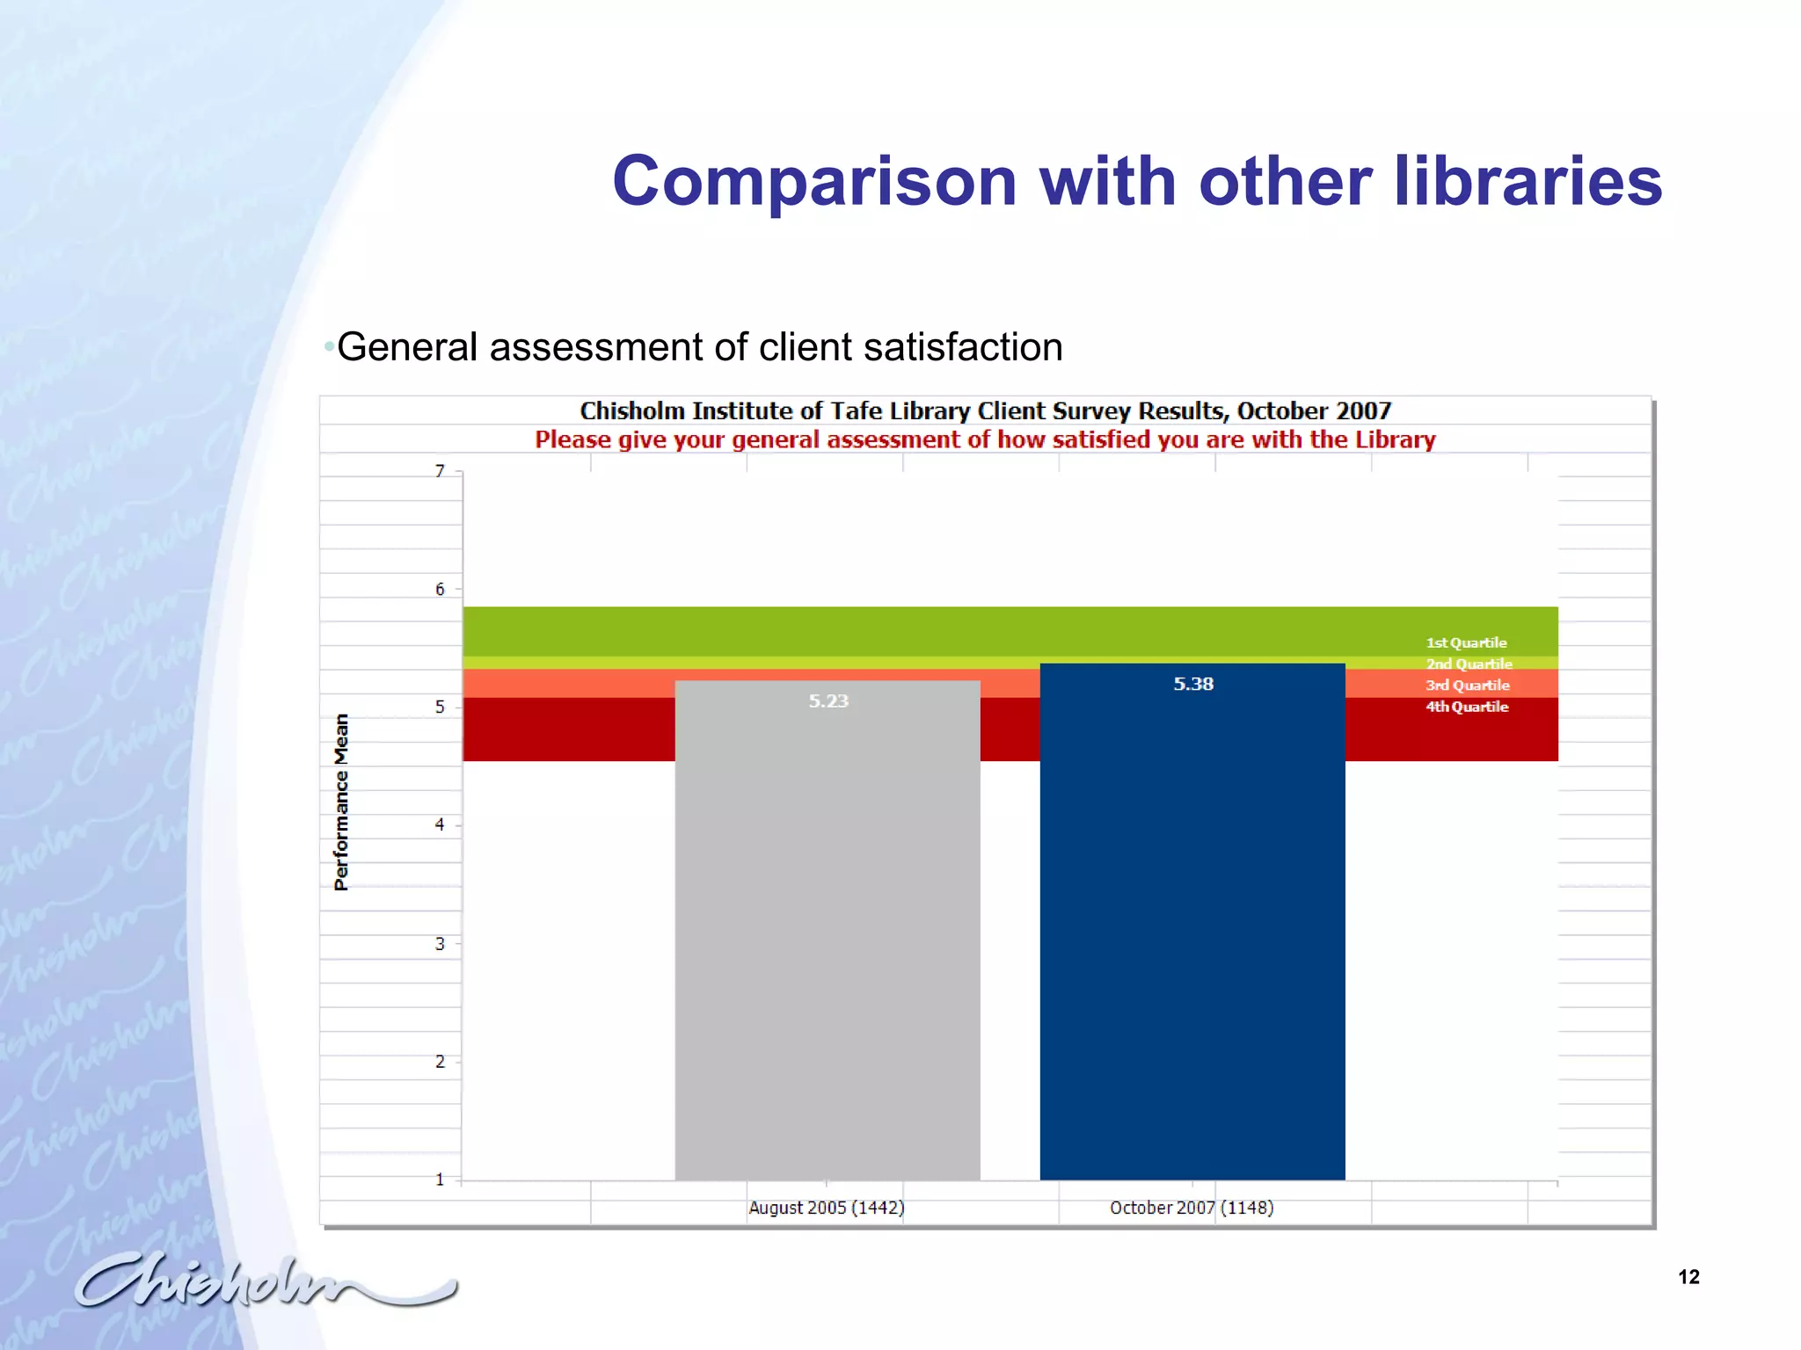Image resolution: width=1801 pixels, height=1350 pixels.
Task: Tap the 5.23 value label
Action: [828, 700]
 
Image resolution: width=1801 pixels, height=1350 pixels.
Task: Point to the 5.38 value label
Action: [1193, 684]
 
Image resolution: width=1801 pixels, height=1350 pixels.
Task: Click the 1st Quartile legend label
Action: [1466, 642]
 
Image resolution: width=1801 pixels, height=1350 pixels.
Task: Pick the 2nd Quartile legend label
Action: [1469, 664]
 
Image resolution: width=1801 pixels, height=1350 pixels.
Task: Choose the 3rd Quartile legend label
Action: [1467, 685]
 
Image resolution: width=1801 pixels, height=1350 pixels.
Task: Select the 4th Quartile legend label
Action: [1467, 707]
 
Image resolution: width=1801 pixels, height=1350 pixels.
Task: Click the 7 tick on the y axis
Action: [440, 471]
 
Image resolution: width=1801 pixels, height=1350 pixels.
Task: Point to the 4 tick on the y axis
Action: [440, 824]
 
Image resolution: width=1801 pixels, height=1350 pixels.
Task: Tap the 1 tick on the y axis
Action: [440, 1179]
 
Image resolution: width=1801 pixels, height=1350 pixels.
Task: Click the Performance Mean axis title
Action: [341, 802]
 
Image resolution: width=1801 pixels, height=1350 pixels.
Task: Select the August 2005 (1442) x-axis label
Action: [826, 1208]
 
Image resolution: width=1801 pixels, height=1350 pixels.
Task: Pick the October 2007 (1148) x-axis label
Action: [1192, 1208]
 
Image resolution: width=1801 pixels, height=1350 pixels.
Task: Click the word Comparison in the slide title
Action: [814, 182]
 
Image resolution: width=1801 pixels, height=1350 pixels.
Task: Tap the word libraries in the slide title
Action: [1528, 182]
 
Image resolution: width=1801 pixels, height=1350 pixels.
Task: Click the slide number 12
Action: [1688, 1277]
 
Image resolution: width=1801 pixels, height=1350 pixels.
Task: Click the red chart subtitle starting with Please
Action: [985, 439]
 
